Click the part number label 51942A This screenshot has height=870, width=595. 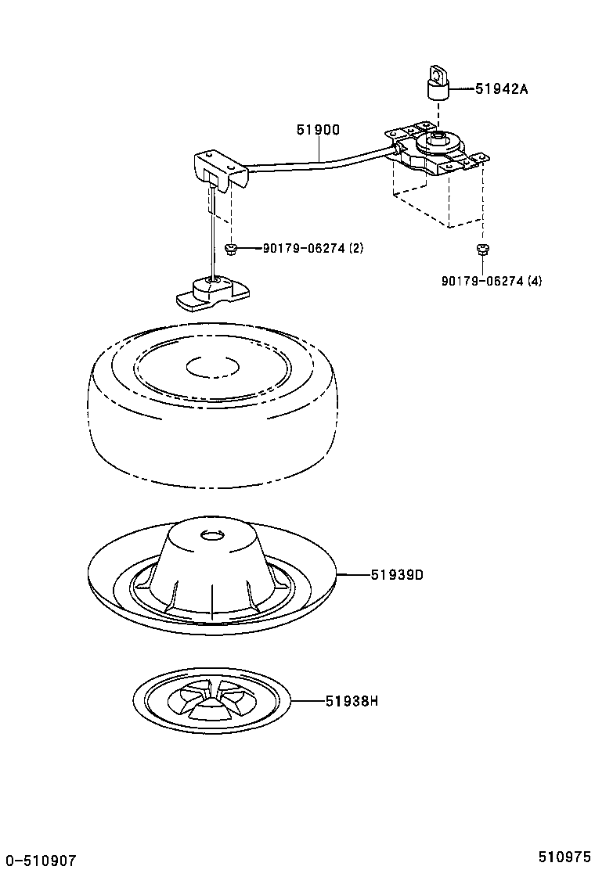click(x=501, y=89)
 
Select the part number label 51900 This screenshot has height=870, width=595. click(x=318, y=131)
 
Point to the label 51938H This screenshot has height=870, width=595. click(x=352, y=701)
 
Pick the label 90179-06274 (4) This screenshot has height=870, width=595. click(x=491, y=281)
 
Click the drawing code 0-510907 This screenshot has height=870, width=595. click(x=39, y=861)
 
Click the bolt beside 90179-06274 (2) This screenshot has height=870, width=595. click(x=231, y=249)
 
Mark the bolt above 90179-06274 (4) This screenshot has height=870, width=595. click(x=481, y=250)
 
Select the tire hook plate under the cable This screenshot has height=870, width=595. click(x=211, y=293)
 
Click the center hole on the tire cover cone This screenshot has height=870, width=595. click(x=212, y=535)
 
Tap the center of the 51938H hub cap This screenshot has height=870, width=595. click(x=211, y=699)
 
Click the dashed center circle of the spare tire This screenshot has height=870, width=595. click(x=211, y=366)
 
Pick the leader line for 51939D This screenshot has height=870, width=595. click(x=353, y=575)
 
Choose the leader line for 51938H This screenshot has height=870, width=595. click(x=307, y=701)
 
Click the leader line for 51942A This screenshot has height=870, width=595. click(x=463, y=89)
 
